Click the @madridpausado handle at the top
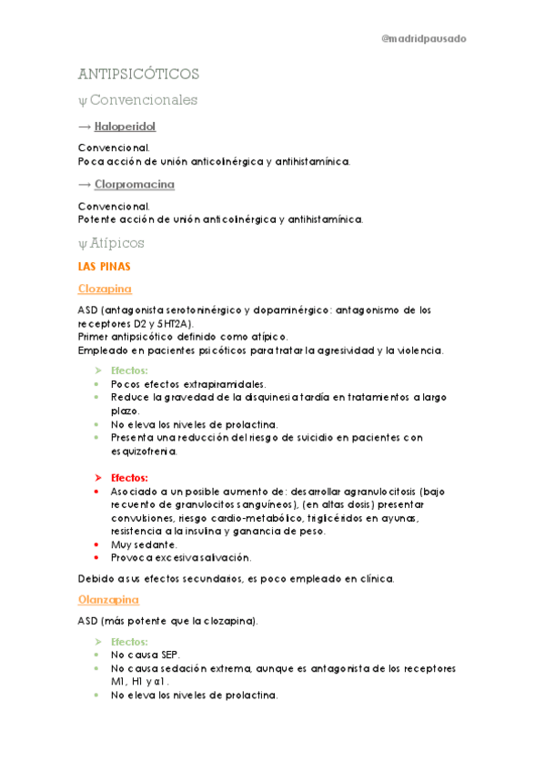point(424,39)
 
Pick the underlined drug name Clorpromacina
point(135,184)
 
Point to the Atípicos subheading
point(117,243)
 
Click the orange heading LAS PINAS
point(105,267)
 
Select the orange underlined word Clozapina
point(105,289)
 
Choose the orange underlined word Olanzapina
point(107,600)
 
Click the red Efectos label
point(129,477)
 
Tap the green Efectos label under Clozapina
point(129,371)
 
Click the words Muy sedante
point(137,544)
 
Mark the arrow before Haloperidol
point(85,127)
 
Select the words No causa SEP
point(145,655)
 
